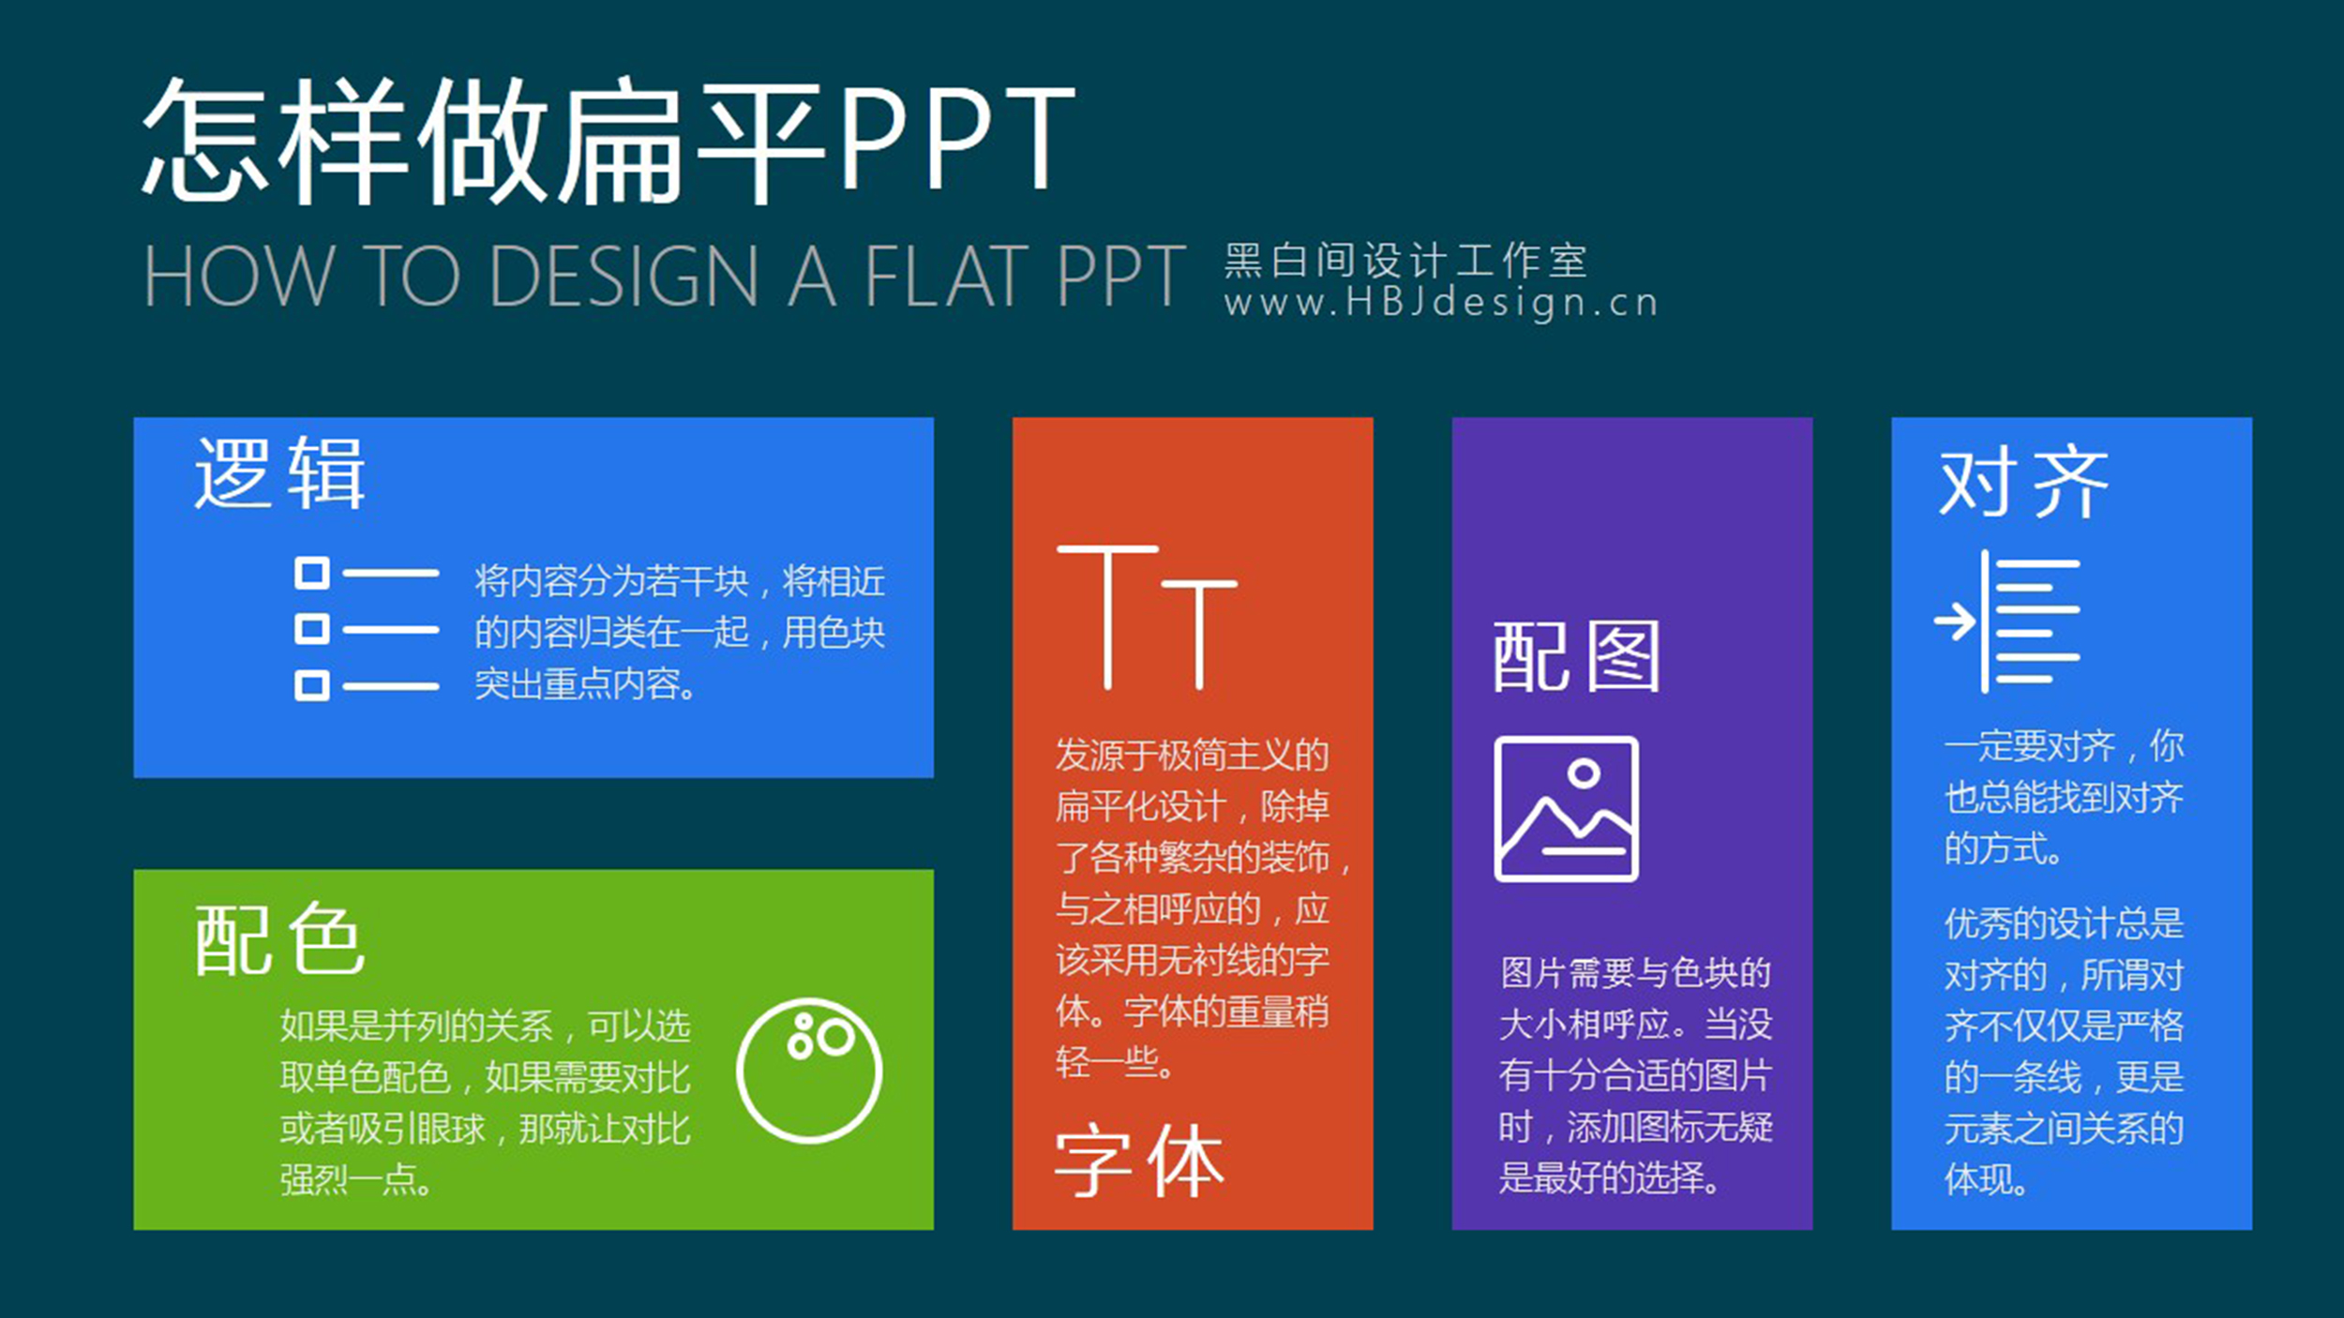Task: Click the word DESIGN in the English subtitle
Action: point(624,276)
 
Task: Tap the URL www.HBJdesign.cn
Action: point(1441,304)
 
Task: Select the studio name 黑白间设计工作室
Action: point(1405,260)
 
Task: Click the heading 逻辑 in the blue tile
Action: point(279,473)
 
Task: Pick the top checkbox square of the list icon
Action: point(312,573)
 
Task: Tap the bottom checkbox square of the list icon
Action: point(312,685)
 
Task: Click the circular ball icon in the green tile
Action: point(809,1071)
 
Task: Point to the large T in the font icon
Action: point(1107,617)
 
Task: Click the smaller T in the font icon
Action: point(1198,635)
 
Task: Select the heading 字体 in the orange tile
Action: point(1139,1162)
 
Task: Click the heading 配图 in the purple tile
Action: point(1576,656)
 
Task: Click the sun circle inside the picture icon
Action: point(1584,773)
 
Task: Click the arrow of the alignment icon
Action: point(1956,621)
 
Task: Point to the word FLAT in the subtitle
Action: point(946,276)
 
